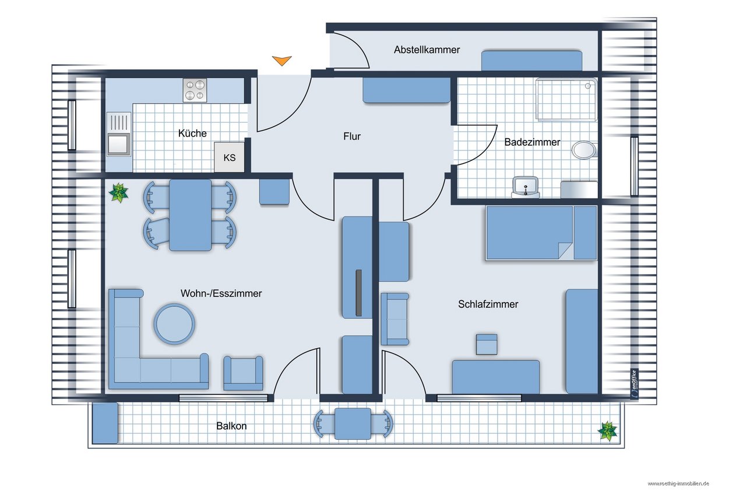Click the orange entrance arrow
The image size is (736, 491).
(282, 61)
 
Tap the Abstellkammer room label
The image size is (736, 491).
(427, 50)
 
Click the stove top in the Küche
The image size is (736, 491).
(195, 90)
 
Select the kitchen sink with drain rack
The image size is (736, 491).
(119, 134)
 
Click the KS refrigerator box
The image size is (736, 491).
(230, 157)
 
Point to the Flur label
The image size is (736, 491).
(352, 136)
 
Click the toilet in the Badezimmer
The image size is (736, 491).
(584, 150)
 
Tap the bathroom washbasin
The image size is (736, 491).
(526, 187)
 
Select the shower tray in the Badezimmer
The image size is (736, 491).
(566, 100)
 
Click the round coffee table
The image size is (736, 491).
(174, 324)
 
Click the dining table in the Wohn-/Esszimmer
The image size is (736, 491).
(190, 215)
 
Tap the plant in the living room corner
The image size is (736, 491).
(119, 192)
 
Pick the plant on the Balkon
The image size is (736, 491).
(608, 431)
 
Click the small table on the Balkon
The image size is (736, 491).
(353, 423)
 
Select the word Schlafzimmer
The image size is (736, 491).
(488, 304)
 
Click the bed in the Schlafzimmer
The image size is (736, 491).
(541, 233)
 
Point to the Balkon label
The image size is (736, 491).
(231, 426)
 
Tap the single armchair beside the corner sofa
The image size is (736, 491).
(243, 373)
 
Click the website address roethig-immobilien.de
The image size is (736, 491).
(678, 483)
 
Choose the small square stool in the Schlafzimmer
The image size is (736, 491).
(487, 344)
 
